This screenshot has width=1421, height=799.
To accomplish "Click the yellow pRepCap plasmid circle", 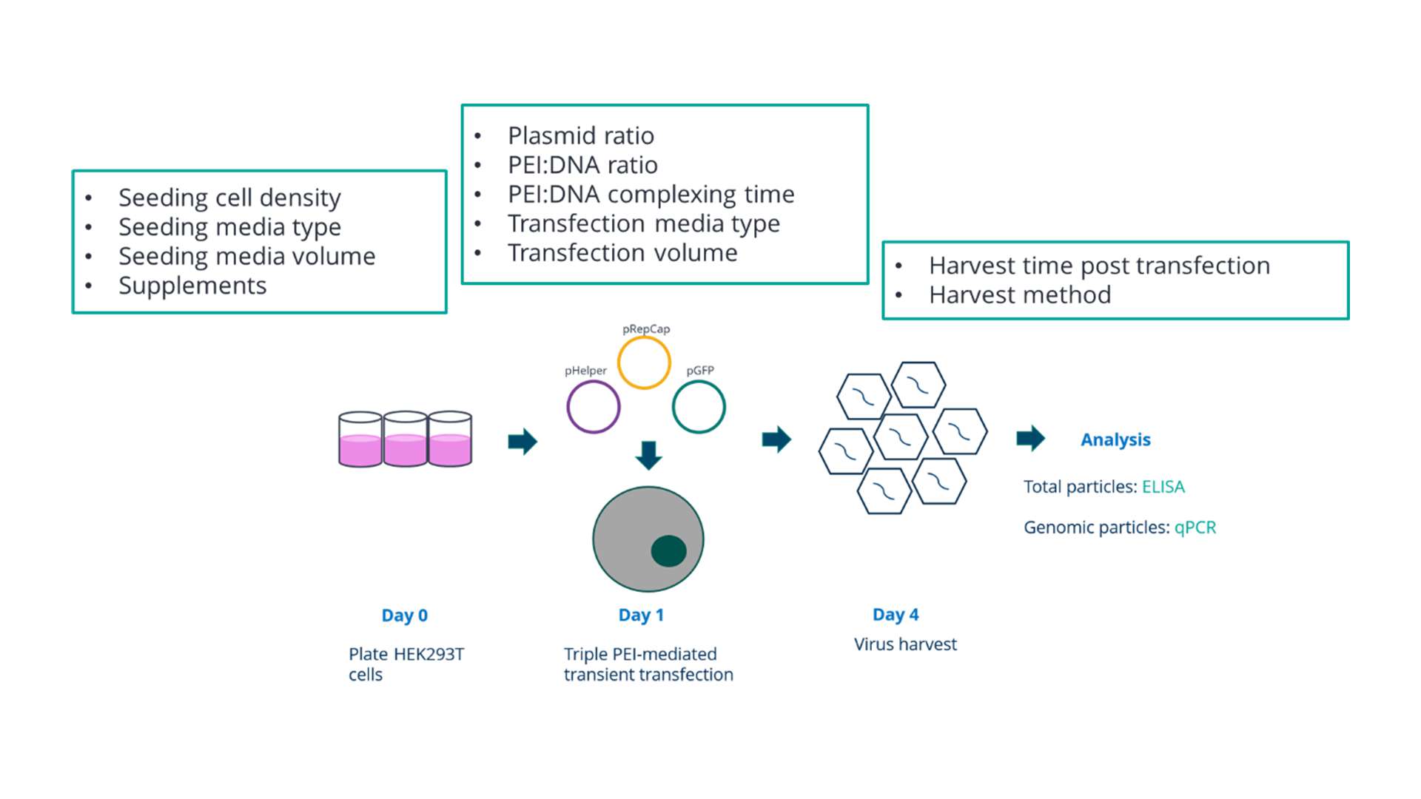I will click(x=644, y=363).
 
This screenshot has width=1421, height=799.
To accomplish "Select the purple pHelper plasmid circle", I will click(x=593, y=407).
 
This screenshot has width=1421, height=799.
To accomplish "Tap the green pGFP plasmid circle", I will click(x=699, y=407).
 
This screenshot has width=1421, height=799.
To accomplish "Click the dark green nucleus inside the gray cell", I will click(x=668, y=551).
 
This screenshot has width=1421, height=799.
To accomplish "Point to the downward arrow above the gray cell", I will click(x=648, y=455).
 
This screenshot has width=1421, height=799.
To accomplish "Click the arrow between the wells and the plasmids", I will click(x=523, y=442).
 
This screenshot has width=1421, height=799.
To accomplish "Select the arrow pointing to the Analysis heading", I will click(x=1030, y=438).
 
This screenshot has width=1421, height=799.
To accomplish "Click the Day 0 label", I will click(x=404, y=615).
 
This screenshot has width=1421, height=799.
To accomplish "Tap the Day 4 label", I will click(x=895, y=614).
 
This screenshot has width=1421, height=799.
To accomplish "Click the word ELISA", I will click(x=1163, y=487).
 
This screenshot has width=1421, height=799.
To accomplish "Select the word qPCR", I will click(x=1195, y=527).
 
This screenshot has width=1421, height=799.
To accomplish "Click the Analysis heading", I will click(x=1115, y=439).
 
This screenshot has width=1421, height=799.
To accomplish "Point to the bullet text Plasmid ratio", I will click(x=580, y=135).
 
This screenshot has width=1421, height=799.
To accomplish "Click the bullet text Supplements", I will click(x=192, y=286).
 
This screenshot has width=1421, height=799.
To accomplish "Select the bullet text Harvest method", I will click(x=1019, y=295).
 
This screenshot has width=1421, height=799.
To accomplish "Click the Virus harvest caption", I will click(x=904, y=644).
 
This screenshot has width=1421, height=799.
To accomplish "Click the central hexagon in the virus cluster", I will click(x=900, y=436).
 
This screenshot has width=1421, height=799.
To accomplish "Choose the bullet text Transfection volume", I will click(x=622, y=253).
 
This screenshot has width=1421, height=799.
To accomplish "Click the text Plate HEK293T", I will click(x=406, y=654).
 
